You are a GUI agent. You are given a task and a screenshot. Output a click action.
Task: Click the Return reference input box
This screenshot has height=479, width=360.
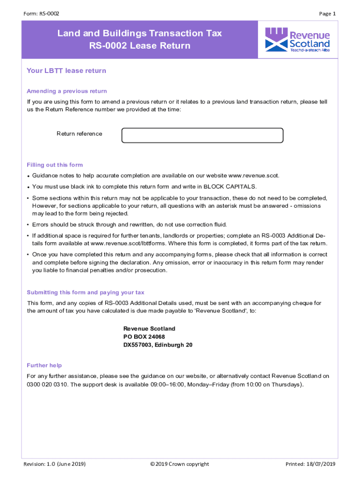pyautogui.click(x=202, y=135)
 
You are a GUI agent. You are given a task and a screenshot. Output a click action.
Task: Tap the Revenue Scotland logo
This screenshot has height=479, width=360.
pyautogui.click(x=297, y=39)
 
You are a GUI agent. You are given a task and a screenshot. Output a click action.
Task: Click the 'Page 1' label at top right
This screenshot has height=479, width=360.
pyautogui.click(x=327, y=14)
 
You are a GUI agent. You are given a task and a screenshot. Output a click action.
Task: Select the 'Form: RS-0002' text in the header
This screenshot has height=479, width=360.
pyautogui.click(x=41, y=14)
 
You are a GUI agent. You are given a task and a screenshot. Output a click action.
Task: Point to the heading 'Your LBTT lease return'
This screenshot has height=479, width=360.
pyautogui.click(x=66, y=71)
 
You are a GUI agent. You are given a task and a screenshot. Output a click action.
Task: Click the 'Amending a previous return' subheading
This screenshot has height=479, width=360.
pyautogui.click(x=67, y=91)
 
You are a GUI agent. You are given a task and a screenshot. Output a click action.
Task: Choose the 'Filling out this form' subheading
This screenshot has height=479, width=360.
pyautogui.click(x=55, y=165)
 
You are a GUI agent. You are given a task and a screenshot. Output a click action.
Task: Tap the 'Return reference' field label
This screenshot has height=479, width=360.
pyautogui.click(x=79, y=134)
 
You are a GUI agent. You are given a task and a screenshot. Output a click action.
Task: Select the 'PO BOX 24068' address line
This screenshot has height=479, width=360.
pyautogui.click(x=144, y=337)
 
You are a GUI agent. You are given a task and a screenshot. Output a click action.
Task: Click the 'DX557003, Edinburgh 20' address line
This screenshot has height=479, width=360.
pyautogui.click(x=158, y=345)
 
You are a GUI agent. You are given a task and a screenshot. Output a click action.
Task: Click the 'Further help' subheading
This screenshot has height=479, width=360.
pyautogui.click(x=44, y=365)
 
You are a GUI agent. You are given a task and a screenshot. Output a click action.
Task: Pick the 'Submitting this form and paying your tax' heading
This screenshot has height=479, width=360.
pyautogui.click(x=86, y=292)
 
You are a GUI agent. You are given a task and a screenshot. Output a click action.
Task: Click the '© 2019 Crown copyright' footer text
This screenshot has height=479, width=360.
pyautogui.click(x=180, y=464)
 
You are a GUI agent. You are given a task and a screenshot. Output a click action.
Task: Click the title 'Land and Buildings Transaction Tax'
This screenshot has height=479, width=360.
pyautogui.click(x=139, y=33)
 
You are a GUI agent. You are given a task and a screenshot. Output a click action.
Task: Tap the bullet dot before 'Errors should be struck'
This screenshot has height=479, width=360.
pyautogui.click(x=29, y=225)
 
